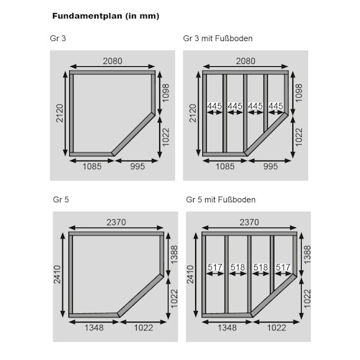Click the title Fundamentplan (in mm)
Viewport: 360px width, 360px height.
point(106,16)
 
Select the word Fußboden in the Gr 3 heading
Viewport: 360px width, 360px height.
point(234,38)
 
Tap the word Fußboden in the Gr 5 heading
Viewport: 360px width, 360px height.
point(237,199)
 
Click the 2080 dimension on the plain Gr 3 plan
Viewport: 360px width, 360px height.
point(112,61)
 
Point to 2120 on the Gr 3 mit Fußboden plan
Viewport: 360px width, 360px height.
point(193,113)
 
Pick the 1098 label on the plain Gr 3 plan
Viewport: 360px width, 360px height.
point(166,93)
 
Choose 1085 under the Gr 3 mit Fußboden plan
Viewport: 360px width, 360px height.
point(225,166)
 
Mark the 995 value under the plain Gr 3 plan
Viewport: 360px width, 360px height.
point(138,166)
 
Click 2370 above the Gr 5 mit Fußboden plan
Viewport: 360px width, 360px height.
point(249,222)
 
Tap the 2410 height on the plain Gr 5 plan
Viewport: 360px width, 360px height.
point(57,274)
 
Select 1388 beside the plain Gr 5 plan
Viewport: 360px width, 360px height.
point(174,254)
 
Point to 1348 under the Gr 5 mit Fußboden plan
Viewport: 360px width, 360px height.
point(227,328)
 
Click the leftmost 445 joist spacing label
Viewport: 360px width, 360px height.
point(215,106)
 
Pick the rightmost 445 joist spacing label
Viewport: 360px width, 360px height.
point(276,106)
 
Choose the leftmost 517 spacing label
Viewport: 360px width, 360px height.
point(215,267)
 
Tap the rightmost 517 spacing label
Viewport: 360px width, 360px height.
point(283,267)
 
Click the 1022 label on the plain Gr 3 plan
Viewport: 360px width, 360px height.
point(166,137)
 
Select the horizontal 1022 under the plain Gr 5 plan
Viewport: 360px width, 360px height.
point(143,328)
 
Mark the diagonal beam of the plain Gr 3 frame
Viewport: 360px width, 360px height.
point(133,135)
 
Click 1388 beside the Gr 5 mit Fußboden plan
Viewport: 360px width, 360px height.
point(307,254)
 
